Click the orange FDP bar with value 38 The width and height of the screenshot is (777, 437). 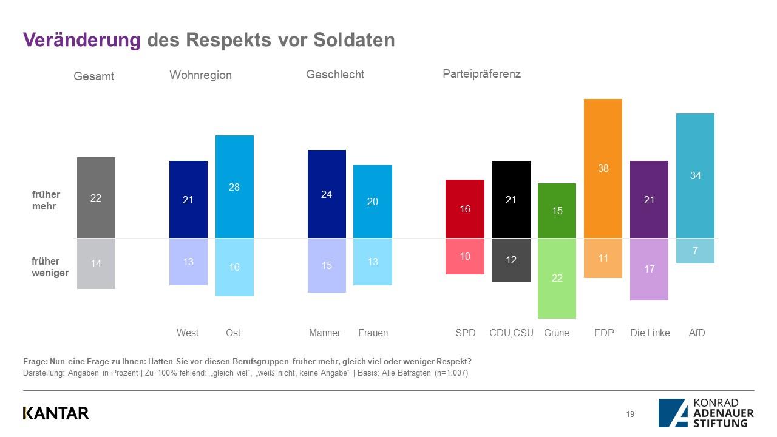(x=603, y=168)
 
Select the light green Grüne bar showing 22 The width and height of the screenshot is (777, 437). (x=557, y=278)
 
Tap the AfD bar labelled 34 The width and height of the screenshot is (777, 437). (x=695, y=175)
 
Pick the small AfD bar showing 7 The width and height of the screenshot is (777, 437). (x=695, y=251)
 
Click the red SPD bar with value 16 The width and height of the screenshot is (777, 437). (x=465, y=209)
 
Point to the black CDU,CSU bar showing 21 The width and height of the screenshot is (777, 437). (x=511, y=199)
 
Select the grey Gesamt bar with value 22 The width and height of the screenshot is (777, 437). (x=96, y=197)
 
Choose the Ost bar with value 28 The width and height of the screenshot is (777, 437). (x=234, y=186)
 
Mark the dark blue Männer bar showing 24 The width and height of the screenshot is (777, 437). (x=327, y=194)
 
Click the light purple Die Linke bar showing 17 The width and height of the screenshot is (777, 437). (x=649, y=269)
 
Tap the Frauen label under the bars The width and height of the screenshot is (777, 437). (x=373, y=333)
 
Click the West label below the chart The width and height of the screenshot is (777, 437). (x=188, y=333)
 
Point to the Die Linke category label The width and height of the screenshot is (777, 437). (x=650, y=333)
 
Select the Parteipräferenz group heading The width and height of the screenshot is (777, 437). (x=481, y=74)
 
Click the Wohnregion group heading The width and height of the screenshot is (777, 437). (x=200, y=75)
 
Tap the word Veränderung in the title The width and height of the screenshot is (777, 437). (x=81, y=39)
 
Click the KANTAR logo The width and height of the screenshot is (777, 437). (x=56, y=413)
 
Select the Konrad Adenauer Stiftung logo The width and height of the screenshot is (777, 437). (x=705, y=413)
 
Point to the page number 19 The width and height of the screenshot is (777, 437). (x=630, y=415)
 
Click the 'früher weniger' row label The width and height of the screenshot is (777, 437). (x=50, y=267)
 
